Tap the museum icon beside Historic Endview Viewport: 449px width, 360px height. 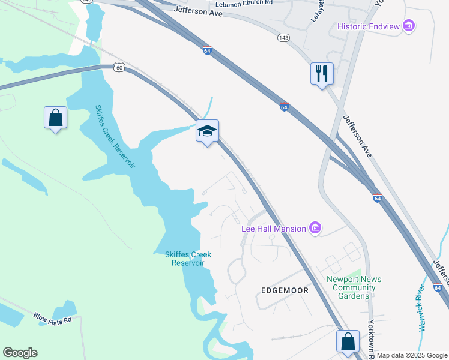click(409, 26)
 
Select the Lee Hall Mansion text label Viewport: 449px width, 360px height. click(273, 228)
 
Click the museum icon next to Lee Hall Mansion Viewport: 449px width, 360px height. click(315, 228)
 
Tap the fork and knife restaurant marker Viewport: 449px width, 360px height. click(322, 74)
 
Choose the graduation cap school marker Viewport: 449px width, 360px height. click(207, 131)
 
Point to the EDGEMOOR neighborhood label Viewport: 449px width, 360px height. click(285, 290)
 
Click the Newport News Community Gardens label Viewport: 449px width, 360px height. click(354, 287)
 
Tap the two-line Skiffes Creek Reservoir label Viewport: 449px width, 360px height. click(188, 259)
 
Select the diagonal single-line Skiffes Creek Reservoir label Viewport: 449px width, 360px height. click(115, 136)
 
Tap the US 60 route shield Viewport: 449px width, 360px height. click(119, 68)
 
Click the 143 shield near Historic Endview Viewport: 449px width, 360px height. click(283, 38)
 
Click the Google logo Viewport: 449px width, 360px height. click(20, 353)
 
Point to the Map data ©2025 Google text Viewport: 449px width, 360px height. click(412, 355)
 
